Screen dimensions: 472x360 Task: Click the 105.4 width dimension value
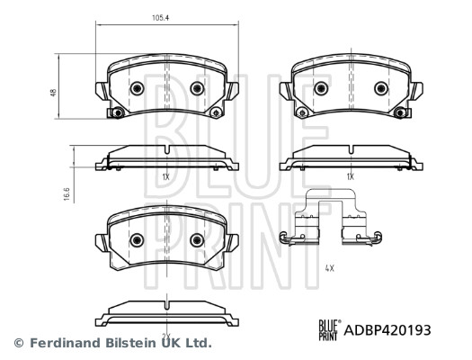[160, 17]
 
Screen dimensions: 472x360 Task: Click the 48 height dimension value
[54, 93]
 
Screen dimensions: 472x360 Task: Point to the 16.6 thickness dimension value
[67, 194]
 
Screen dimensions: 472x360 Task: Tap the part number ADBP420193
[387, 330]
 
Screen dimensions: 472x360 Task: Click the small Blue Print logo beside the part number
[330, 330]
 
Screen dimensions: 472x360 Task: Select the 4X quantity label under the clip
[330, 268]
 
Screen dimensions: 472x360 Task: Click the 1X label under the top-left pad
[165, 177]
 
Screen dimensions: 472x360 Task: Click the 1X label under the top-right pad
[350, 176]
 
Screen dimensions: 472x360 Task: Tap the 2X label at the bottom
[166, 336]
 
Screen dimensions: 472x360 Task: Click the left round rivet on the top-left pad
[137, 88]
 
